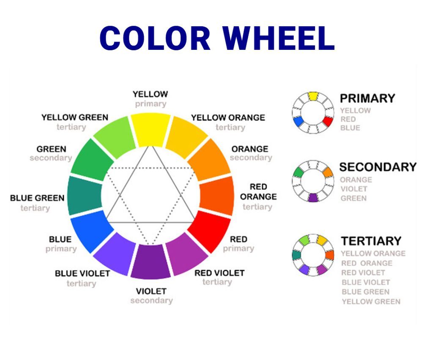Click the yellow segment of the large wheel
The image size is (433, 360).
tap(151, 129)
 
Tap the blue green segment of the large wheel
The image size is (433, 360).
tap(85, 195)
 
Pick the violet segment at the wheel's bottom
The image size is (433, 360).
tap(151, 262)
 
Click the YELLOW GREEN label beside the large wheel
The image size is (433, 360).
tap(75, 117)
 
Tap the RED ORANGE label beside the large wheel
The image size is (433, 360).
tap(258, 192)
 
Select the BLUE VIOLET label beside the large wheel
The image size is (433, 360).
tap(82, 273)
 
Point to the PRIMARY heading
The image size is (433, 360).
tap(367, 98)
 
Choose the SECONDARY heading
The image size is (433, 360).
tap(378, 167)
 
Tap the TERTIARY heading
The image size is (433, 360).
tap(371, 241)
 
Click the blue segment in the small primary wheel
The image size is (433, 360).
tap(298, 121)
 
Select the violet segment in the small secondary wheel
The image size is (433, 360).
tap(313, 197)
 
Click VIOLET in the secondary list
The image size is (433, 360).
tap(354, 189)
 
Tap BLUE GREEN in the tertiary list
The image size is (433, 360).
tap(365, 292)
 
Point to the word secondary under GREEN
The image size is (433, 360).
tap(51, 158)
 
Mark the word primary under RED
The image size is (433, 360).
tap(238, 249)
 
